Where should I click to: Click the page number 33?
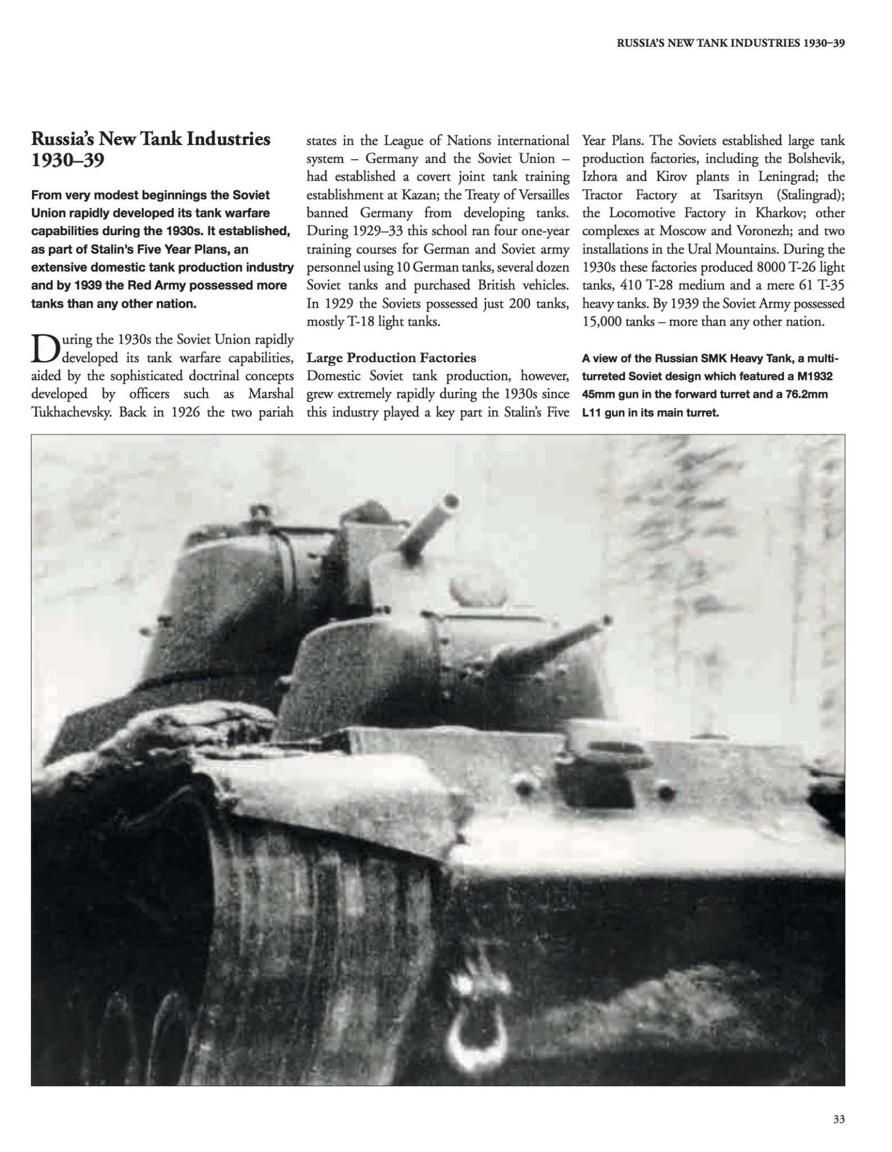tap(839, 1119)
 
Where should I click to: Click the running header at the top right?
tap(731, 43)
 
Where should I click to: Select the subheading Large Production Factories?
tap(391, 358)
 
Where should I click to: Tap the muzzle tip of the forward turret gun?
tap(606, 621)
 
